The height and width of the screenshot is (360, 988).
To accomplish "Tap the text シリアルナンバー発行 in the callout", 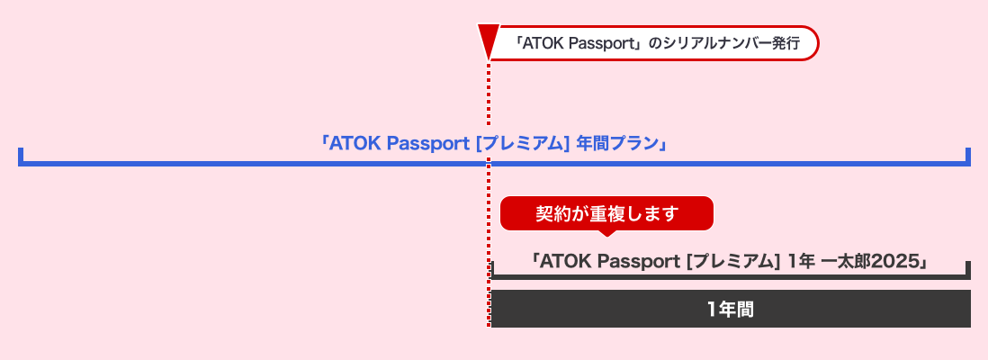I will (x=730, y=43).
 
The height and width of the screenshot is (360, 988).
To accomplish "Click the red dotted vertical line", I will (x=489, y=225).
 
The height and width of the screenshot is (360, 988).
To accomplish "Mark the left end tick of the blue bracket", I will (x=20, y=156).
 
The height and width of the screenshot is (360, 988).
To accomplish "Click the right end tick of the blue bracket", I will (x=968, y=156).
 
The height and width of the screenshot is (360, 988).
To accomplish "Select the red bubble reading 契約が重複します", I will (x=606, y=213).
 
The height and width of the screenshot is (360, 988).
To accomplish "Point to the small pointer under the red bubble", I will (x=607, y=232).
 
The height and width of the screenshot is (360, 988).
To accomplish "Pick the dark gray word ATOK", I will (x=565, y=262).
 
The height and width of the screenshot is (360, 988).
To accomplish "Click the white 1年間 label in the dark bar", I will (x=730, y=310).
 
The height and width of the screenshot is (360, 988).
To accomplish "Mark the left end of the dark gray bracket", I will (x=492, y=270).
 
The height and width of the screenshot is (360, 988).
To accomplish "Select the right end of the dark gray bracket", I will (x=968, y=270).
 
